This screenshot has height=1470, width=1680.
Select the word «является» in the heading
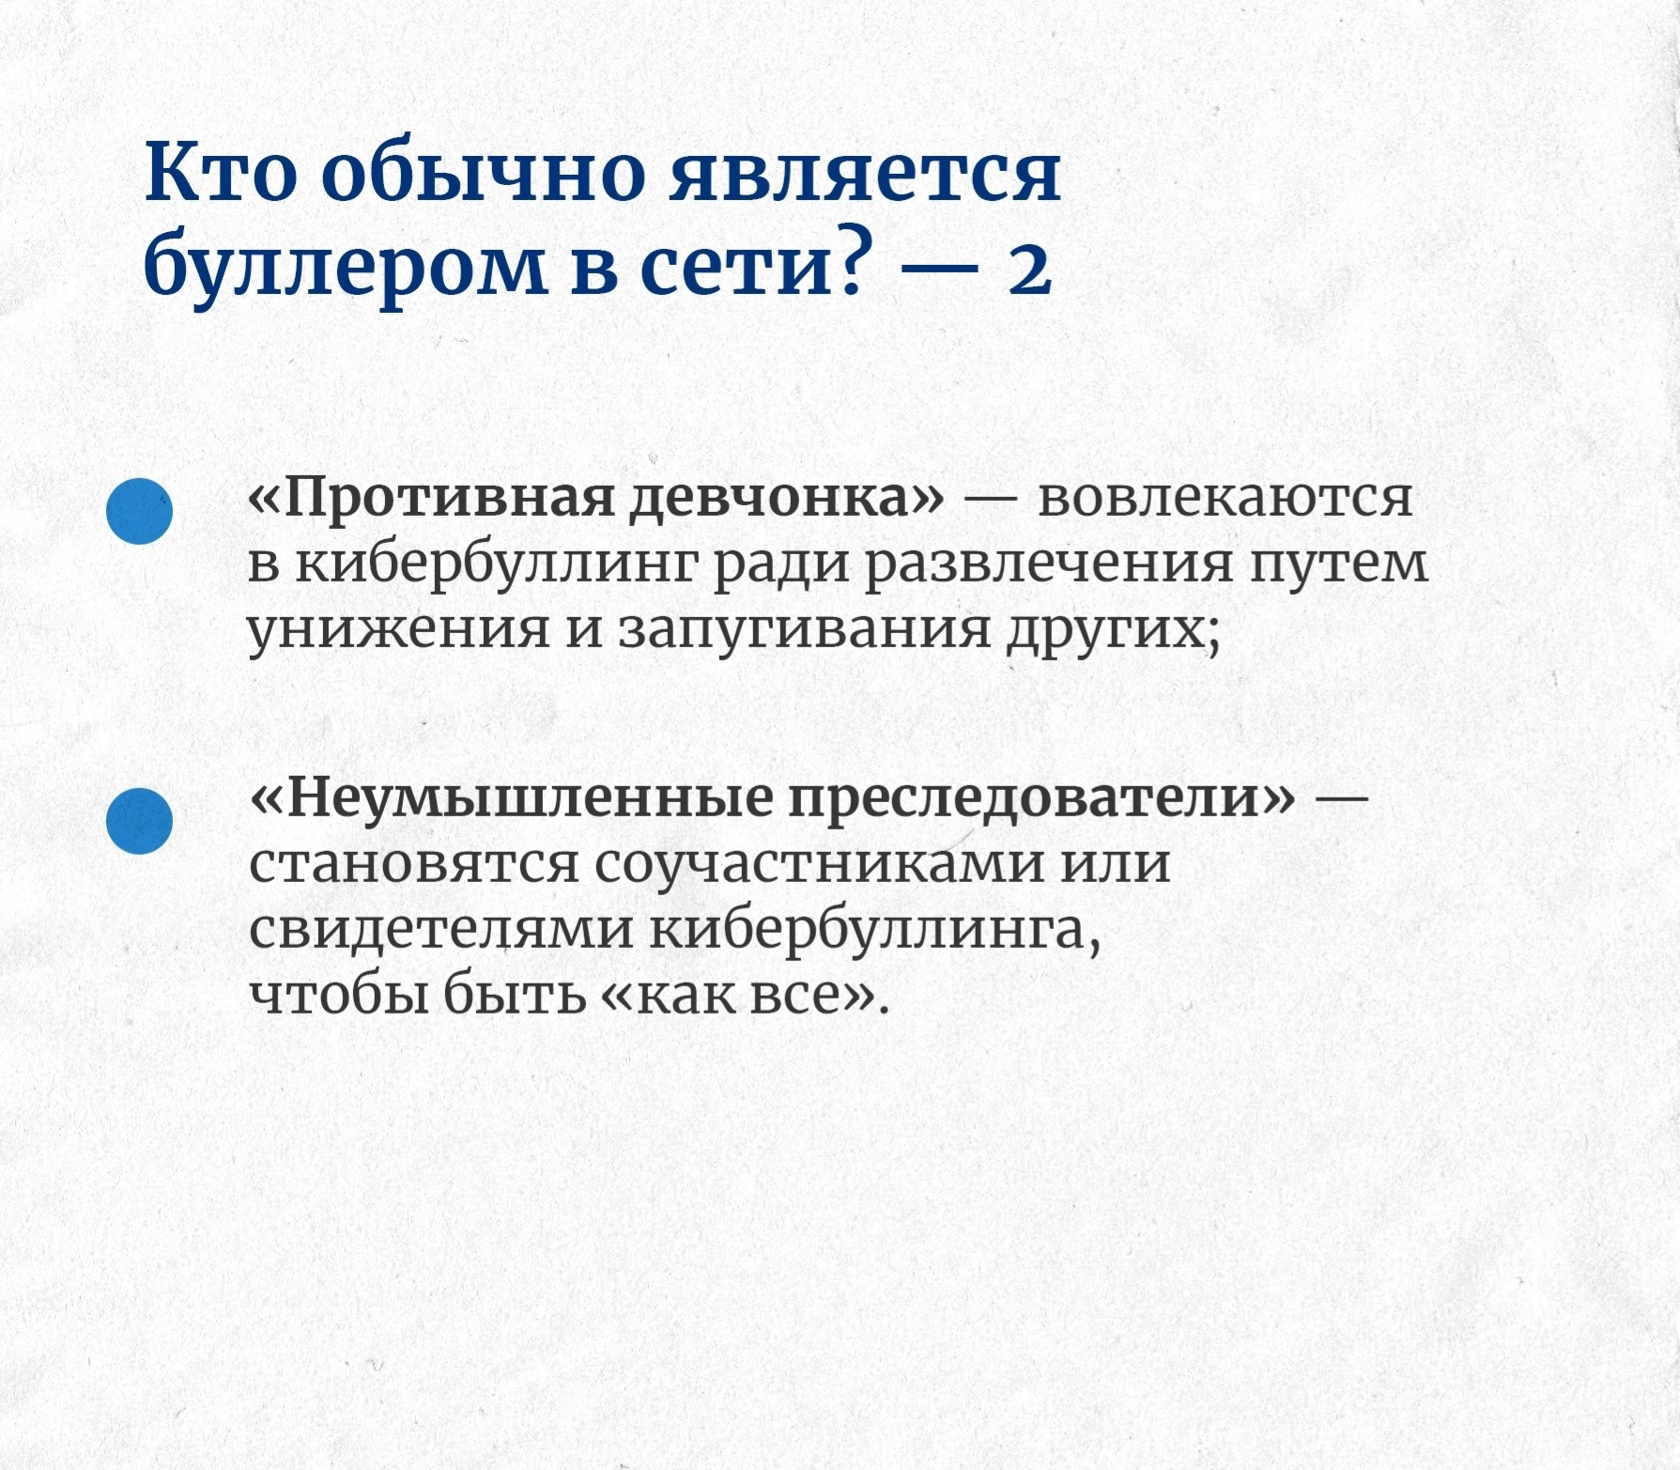pos(865,174)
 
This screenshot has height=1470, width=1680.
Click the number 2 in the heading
pos(1029,271)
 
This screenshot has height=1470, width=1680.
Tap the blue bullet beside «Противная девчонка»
pos(140,511)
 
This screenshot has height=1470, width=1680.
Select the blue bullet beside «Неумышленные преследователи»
pos(140,821)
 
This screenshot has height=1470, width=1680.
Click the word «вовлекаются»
pos(1225,498)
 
